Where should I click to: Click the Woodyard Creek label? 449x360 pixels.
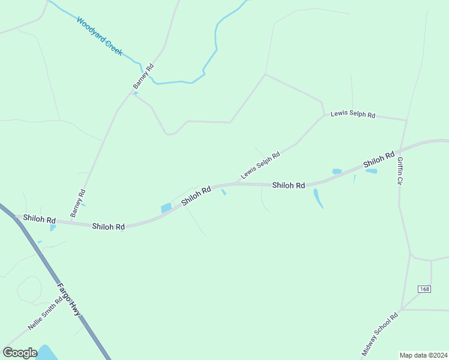click(x=99, y=37)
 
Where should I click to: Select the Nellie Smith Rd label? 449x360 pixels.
click(x=45, y=315)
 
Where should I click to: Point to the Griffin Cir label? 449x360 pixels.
click(x=400, y=171)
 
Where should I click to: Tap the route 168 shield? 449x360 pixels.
click(x=425, y=289)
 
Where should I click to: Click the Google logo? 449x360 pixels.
click(x=20, y=353)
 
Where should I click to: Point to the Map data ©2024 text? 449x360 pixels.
click(x=423, y=355)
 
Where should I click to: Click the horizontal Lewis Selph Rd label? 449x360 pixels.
click(x=353, y=115)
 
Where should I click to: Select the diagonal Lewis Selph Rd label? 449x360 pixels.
click(x=261, y=165)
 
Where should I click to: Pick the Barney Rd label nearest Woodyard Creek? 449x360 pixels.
click(x=144, y=76)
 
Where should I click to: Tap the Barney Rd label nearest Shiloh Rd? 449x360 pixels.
click(x=77, y=203)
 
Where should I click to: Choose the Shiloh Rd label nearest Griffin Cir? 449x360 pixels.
click(x=378, y=159)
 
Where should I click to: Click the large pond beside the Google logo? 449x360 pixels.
click(x=45, y=353)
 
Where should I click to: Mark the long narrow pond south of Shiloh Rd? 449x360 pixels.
click(x=318, y=198)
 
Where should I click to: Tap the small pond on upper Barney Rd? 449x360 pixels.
click(x=136, y=93)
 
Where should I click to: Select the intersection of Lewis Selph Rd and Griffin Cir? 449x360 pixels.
click(x=406, y=120)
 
